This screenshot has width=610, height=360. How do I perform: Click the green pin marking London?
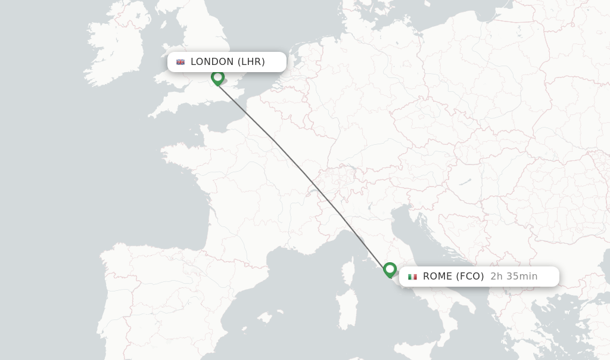click(x=217, y=77)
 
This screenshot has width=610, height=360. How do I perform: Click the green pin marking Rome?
click(x=390, y=270)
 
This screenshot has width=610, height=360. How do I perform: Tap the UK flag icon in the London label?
click(x=180, y=62)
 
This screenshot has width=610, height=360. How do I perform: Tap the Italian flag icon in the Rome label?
click(x=412, y=277)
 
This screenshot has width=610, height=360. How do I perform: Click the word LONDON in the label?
click(x=212, y=62)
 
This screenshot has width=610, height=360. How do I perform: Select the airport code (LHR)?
click(x=251, y=62)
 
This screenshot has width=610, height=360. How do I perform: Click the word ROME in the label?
click(x=438, y=277)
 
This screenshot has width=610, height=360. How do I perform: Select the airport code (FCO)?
click(x=470, y=277)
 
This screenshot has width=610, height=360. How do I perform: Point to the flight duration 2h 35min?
click(x=513, y=277)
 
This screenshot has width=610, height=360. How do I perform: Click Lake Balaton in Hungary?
click(x=465, y=181)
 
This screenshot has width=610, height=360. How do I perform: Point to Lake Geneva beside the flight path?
click(x=314, y=192)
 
